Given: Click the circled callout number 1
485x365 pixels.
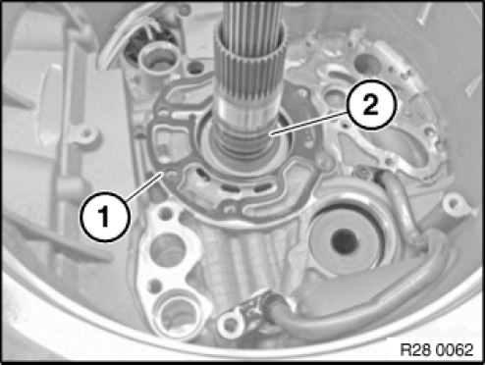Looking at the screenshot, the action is click(105, 217).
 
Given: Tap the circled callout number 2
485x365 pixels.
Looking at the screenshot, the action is click(371, 105).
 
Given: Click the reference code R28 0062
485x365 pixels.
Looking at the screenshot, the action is click(437, 349).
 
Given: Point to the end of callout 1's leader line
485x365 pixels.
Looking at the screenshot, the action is click(161, 173).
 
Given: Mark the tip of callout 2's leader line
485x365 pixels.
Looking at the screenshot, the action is click(271, 133).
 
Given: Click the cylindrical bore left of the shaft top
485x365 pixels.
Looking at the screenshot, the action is click(156, 60).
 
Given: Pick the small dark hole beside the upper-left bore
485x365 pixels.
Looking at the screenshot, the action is click(196, 68).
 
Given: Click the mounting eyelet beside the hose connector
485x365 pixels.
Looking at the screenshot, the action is click(231, 324).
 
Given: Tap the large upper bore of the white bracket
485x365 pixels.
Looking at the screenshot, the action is click(168, 247).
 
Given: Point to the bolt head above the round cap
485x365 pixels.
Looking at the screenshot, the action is click(362, 173).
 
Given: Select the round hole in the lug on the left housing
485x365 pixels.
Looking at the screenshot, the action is click(86, 133).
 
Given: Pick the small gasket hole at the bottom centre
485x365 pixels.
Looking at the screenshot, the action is click(232, 208).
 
